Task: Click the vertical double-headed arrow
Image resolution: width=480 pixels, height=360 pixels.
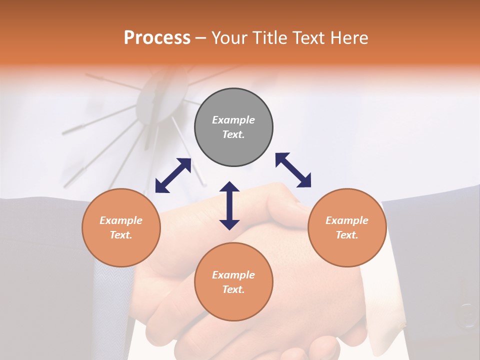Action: click(229, 205)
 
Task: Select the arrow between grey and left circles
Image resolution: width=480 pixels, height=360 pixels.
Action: click(173, 175)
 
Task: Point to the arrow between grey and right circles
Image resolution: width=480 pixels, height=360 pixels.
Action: click(293, 170)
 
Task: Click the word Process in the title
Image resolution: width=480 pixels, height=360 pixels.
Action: click(157, 38)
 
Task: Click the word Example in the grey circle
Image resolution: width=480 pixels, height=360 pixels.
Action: click(233, 120)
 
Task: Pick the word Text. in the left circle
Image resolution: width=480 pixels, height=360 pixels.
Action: click(121, 235)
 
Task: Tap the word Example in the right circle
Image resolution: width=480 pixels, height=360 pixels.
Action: click(347, 220)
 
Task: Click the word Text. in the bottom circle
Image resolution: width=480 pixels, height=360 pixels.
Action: click(233, 289)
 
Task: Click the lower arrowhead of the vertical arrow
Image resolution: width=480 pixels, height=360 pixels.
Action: click(229, 224)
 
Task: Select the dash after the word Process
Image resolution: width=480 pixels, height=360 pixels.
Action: click(200, 38)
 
